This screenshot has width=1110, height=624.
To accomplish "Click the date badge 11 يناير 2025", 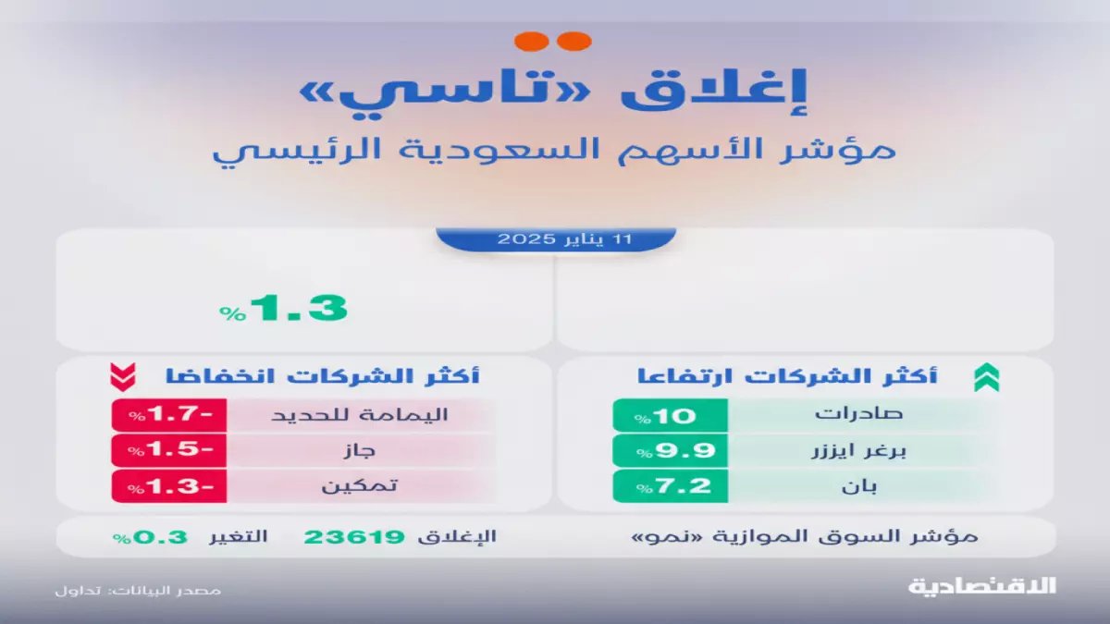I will tap(555, 239).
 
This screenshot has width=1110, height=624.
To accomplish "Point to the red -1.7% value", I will tap(168, 415).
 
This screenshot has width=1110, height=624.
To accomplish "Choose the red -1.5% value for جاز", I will tap(168, 451).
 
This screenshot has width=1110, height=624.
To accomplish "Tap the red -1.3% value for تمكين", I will tap(168, 486).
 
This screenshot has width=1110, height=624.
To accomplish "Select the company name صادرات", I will tap(845, 415).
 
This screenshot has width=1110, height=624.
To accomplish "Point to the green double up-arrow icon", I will tap(985, 377).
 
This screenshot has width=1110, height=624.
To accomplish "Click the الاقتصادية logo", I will tap(982, 586).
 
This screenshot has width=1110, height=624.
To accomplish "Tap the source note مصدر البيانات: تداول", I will tap(136, 589).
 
